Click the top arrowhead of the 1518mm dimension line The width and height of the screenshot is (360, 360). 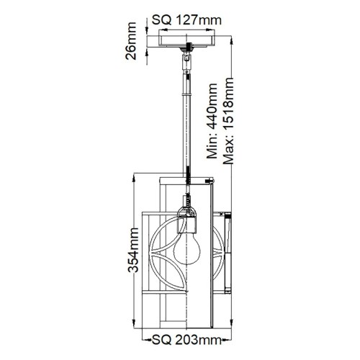pos(232,35)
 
